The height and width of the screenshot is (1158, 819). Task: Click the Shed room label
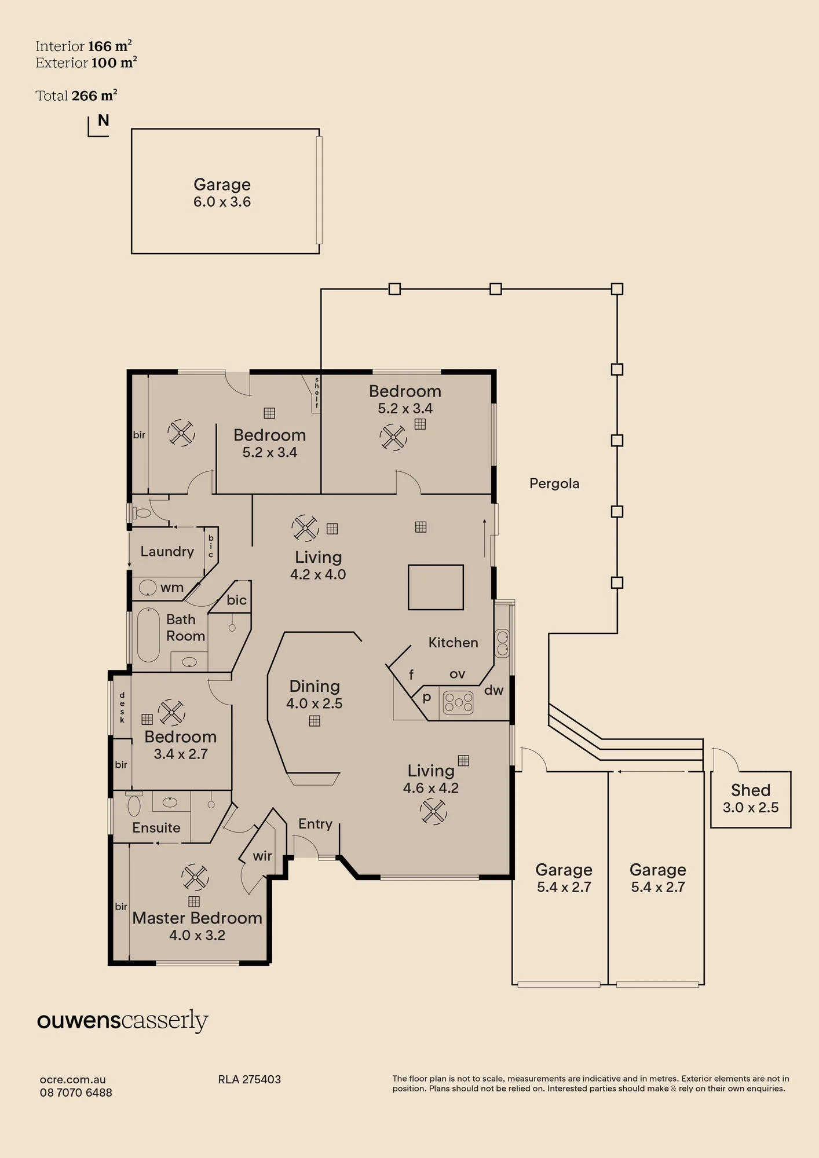pyautogui.click(x=751, y=790)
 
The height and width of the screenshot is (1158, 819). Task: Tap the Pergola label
pyautogui.click(x=554, y=483)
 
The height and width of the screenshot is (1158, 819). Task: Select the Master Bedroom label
pyautogui.click(x=197, y=918)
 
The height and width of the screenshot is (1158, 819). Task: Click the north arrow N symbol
pyautogui.click(x=103, y=120)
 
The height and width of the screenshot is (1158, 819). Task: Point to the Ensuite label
pyautogui.click(x=156, y=827)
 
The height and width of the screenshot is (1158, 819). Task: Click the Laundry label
pyautogui.click(x=167, y=551)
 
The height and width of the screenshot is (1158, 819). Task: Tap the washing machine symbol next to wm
pyautogui.click(x=148, y=588)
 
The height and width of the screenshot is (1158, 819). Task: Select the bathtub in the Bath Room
pyautogui.click(x=148, y=635)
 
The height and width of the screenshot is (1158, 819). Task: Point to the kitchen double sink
pyautogui.click(x=503, y=643)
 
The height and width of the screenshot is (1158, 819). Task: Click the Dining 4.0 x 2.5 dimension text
pyautogui.click(x=314, y=703)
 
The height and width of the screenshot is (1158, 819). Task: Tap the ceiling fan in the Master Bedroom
pyautogui.click(x=195, y=877)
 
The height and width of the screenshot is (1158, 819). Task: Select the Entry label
pyautogui.click(x=315, y=824)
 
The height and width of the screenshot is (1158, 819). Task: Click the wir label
pyautogui.click(x=262, y=856)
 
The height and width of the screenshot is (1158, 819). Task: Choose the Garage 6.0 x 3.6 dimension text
pyautogui.click(x=222, y=202)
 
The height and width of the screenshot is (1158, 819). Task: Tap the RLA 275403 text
pyautogui.click(x=249, y=1079)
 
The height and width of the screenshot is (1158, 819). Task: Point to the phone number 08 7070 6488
pyautogui.click(x=76, y=1093)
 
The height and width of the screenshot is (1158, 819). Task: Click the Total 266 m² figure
pyautogui.click(x=76, y=96)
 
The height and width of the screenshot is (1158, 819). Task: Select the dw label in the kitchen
pyautogui.click(x=494, y=690)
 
